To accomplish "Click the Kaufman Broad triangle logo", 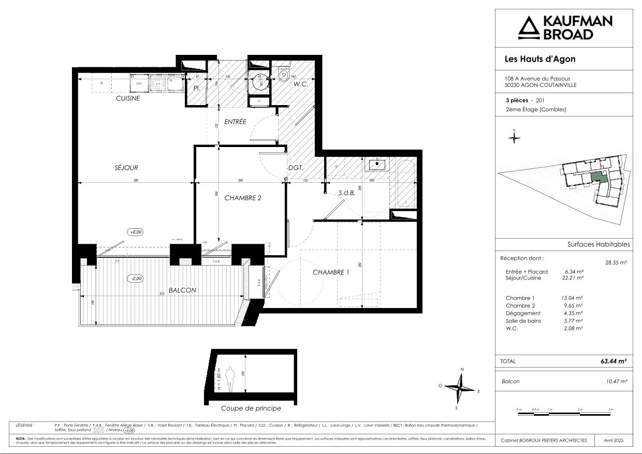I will point(529,28).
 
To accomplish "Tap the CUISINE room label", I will point(128,98).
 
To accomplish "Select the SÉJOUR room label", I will point(126,167).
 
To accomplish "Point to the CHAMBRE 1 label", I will point(331,272).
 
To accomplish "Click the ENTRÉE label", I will point(235,122).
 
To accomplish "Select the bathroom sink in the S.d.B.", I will point(377,165).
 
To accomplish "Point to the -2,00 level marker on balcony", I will point(136,278).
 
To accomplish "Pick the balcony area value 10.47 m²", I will point(616,382).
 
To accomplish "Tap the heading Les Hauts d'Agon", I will point(540,59).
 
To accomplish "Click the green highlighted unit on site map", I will point(599,178).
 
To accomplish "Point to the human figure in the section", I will point(231,379).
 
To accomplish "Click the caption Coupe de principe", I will point(251,408).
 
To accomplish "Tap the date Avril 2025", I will point(614,440).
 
